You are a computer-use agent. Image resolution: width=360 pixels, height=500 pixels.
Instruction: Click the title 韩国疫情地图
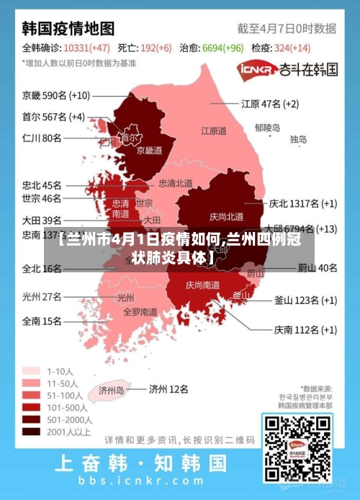(x=68, y=29)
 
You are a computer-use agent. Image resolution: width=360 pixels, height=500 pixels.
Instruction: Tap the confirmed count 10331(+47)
(x=86, y=48)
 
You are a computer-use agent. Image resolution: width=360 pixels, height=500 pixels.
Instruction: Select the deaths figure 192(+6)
(x=156, y=48)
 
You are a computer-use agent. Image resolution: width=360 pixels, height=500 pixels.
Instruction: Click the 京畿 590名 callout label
(x=56, y=95)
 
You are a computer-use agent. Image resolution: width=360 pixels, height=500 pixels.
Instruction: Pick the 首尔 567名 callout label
(x=53, y=117)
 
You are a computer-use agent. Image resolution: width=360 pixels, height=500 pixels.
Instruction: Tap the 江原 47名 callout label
(x=269, y=104)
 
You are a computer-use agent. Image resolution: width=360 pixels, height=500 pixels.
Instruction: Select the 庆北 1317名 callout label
(x=302, y=204)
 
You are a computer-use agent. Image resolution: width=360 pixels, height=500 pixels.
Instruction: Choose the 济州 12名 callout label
(x=168, y=389)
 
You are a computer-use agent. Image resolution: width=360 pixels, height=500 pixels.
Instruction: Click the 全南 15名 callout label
(x=42, y=321)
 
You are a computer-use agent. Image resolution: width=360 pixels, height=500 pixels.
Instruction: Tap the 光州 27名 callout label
(x=42, y=296)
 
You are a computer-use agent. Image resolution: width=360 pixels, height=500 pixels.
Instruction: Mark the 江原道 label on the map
(x=213, y=131)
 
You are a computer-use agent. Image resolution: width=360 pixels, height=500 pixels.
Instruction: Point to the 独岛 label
(x=298, y=139)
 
